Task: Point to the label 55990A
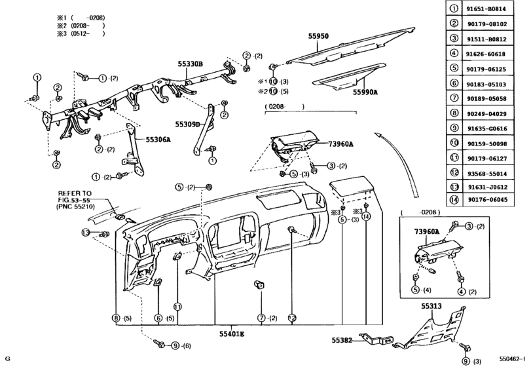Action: pos(365,93)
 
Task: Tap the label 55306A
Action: pos(158,140)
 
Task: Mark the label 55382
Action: pos(340,339)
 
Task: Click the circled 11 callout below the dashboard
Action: pos(177,306)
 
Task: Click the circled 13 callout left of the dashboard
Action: pos(85,233)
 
